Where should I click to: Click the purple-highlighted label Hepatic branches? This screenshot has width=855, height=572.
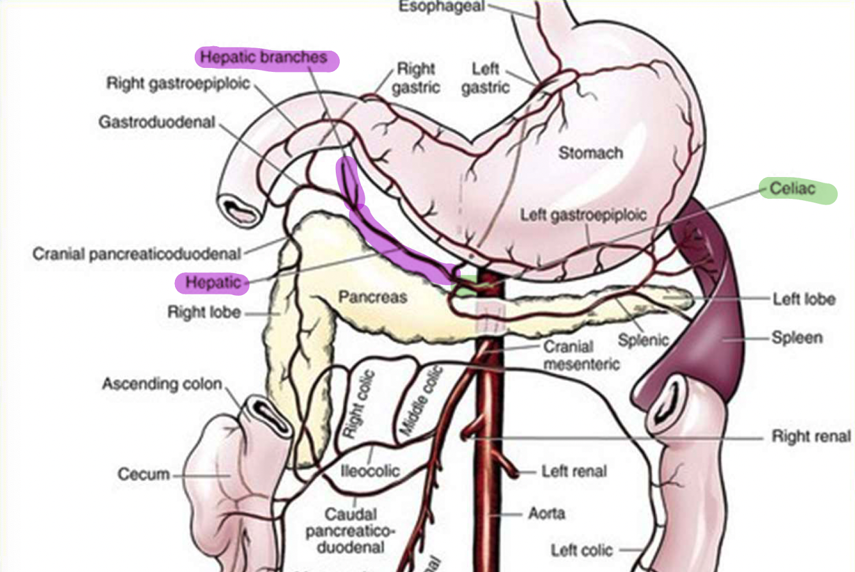click(x=263, y=58)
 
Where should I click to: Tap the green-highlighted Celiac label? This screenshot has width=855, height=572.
click(x=792, y=189)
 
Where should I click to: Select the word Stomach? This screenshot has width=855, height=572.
click(x=590, y=153)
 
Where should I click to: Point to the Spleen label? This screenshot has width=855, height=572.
click(x=797, y=337)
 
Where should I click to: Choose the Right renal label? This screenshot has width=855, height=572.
click(x=811, y=437)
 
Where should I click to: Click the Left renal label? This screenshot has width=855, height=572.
click(x=574, y=471)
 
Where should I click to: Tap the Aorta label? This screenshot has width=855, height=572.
click(x=547, y=514)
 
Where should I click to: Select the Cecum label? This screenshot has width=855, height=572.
click(x=144, y=475)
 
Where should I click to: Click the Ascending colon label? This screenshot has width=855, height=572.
click(x=162, y=385)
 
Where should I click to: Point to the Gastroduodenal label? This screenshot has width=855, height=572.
click(x=156, y=122)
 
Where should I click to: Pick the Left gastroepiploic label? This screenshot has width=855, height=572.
click(x=583, y=214)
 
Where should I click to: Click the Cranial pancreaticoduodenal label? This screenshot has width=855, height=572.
click(x=137, y=254)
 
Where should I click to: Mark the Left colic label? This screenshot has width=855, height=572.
click(x=581, y=550)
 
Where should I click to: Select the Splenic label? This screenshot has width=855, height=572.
click(x=643, y=339)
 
